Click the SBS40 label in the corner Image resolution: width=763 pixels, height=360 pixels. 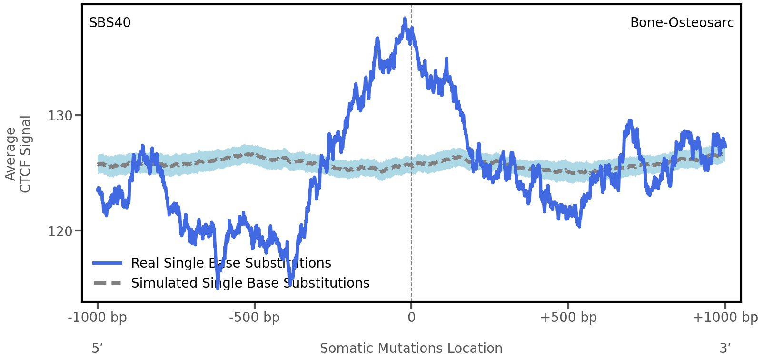point(109,23)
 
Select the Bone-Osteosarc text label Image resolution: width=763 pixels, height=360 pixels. point(682,23)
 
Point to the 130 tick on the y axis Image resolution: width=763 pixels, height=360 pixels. point(59,116)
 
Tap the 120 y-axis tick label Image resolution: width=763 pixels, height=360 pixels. point(59,231)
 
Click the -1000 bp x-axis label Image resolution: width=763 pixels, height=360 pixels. point(98,318)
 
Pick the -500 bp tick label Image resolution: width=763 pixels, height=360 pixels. point(254,318)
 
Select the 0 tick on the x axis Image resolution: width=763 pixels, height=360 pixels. point(411,318)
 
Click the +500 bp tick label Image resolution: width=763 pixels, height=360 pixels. point(568,318)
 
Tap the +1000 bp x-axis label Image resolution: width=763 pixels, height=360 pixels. point(725,318)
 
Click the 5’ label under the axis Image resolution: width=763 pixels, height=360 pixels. point(97,349)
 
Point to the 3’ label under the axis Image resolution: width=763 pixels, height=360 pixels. point(725,349)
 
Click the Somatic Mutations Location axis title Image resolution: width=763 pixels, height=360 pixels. point(411,349)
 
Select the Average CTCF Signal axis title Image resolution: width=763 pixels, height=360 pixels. point(19,154)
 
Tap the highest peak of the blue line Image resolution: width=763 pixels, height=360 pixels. point(405,20)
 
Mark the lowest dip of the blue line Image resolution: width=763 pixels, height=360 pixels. point(218,287)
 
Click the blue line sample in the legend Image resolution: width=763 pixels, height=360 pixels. point(108,263)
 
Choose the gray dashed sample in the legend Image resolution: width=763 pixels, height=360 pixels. point(108,283)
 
